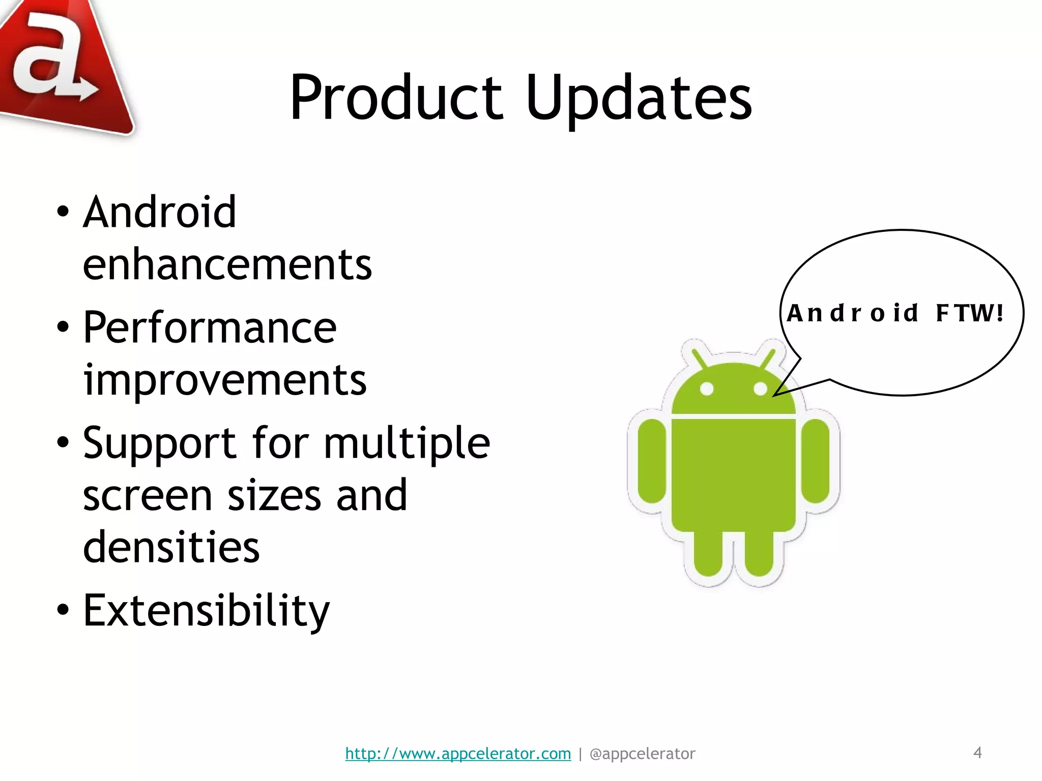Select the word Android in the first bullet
[159, 212]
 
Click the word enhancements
[227, 264]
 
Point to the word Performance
[210, 327]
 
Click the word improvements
[225, 380]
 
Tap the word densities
[171, 547]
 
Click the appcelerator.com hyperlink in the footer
[458, 753]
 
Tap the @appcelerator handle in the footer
[642, 753]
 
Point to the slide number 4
[977, 752]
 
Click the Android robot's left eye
[707, 389]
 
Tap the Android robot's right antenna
[768, 358]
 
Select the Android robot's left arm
[652, 461]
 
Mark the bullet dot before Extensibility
[63, 610]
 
